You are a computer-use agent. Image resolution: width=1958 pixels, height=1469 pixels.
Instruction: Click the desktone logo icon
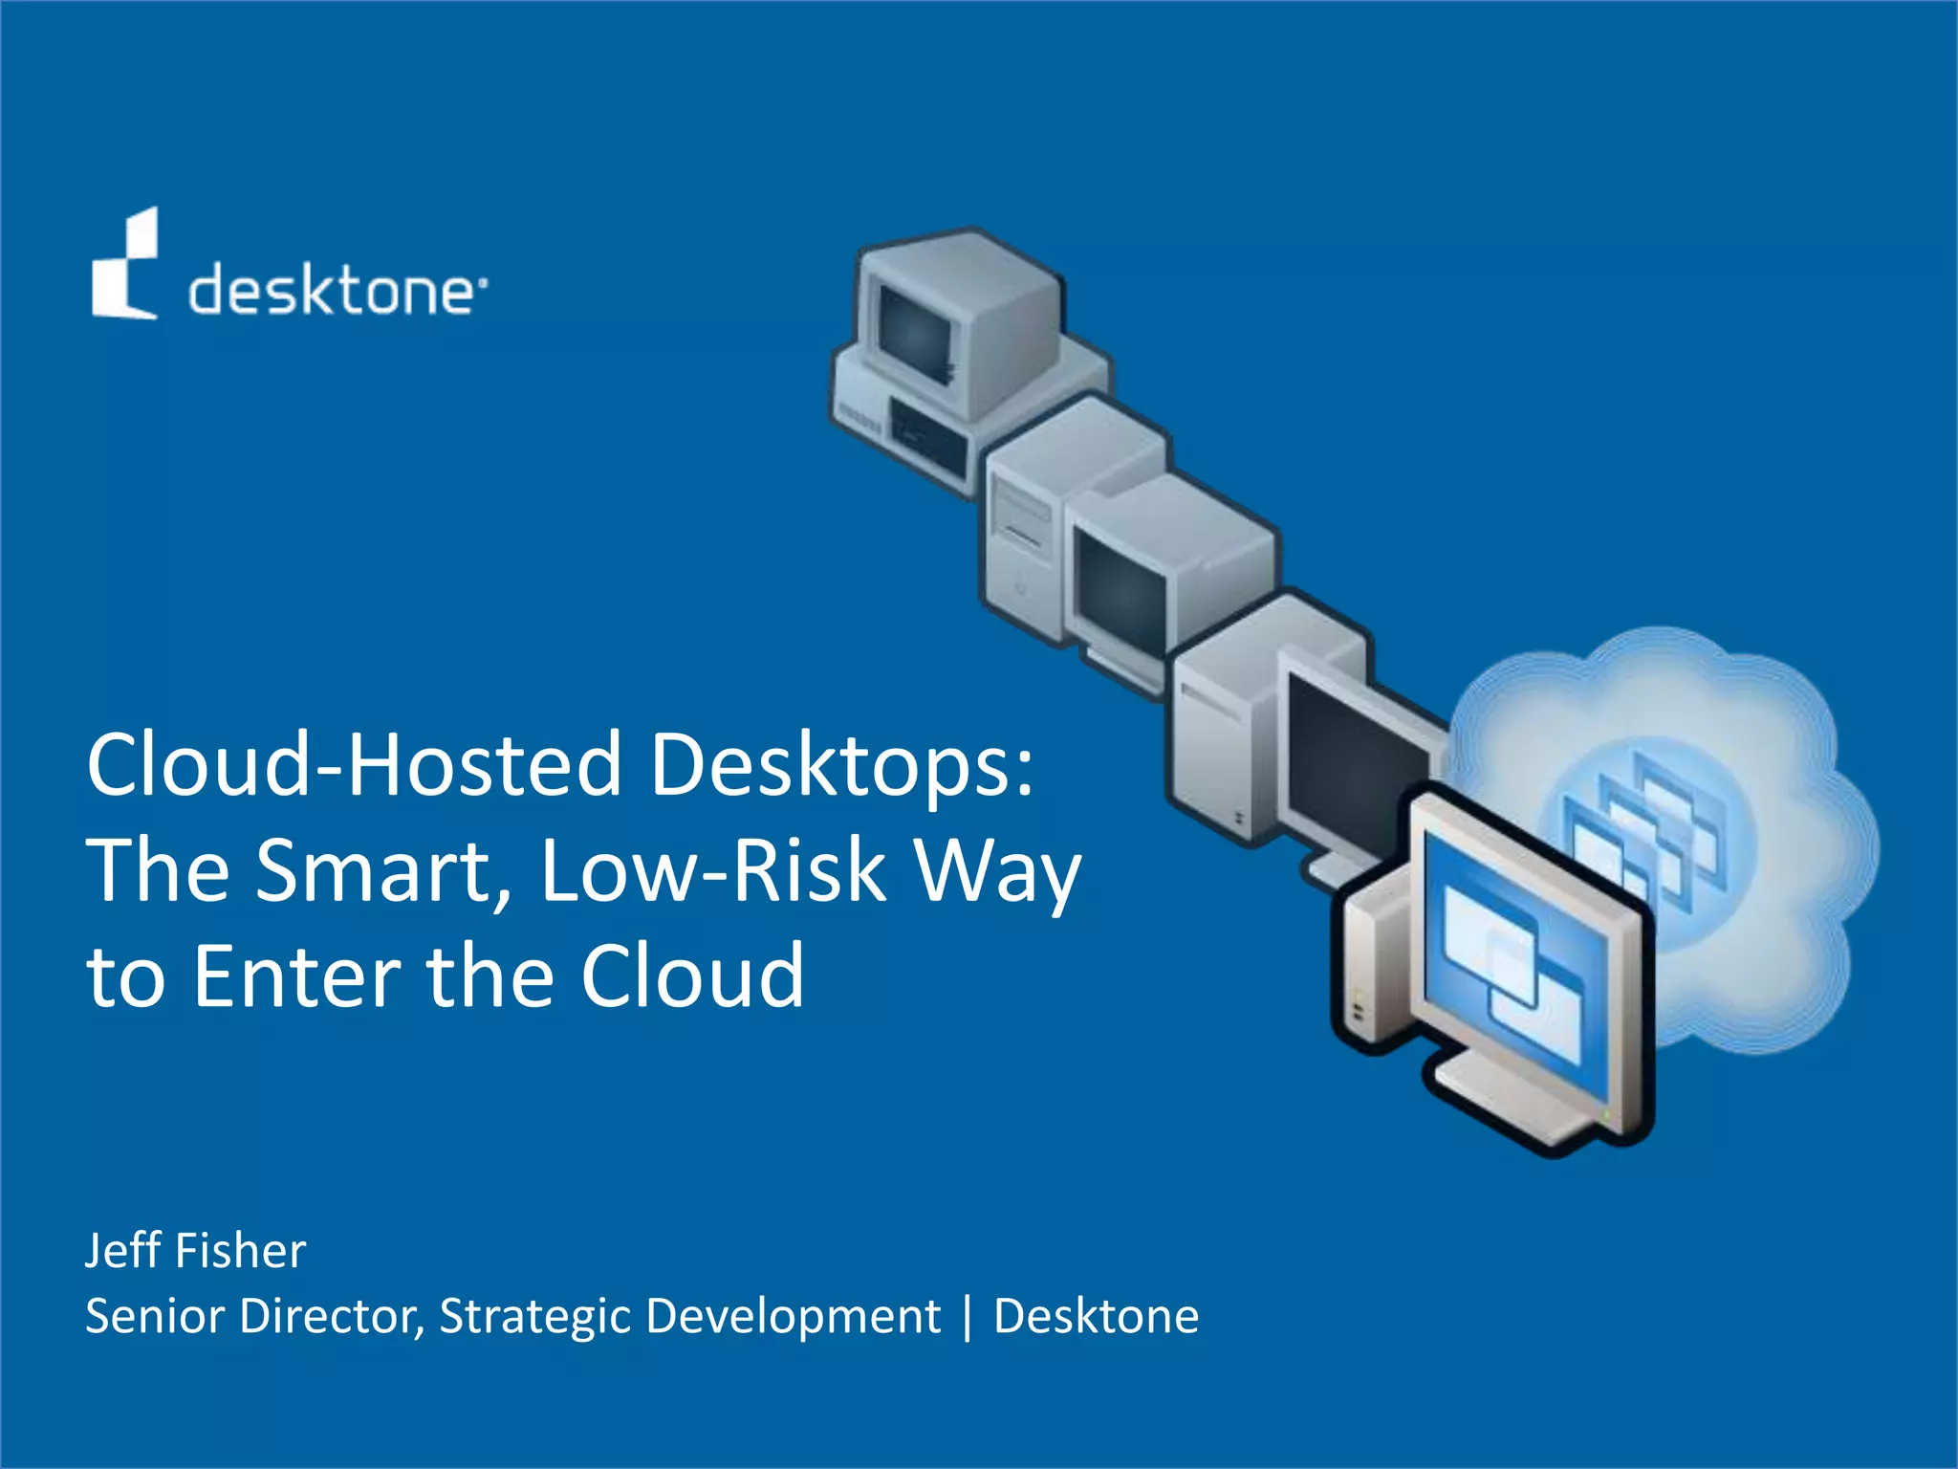click(125, 265)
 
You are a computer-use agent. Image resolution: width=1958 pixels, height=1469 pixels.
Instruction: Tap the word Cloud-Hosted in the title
click(354, 764)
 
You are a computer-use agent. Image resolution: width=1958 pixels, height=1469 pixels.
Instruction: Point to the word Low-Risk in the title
click(713, 870)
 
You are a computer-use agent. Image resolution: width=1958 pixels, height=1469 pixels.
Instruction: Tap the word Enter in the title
click(296, 976)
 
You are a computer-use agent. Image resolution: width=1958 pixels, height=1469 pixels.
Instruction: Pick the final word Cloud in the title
click(692, 976)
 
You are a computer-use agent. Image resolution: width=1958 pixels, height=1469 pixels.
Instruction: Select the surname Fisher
click(241, 1250)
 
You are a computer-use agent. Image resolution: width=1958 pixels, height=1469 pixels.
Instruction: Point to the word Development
click(793, 1316)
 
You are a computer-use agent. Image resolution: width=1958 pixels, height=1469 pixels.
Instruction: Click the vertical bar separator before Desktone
click(968, 1317)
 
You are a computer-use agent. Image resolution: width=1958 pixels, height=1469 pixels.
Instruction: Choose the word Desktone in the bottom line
click(1096, 1316)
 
